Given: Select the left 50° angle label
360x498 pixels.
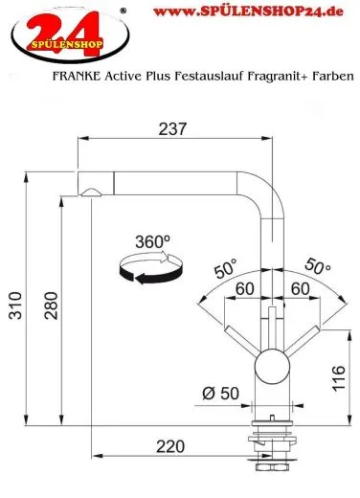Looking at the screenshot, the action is pos(225,269).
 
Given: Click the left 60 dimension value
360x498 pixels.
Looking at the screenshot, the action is pos(243,287).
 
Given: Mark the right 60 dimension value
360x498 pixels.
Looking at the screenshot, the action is pos(299,287).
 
